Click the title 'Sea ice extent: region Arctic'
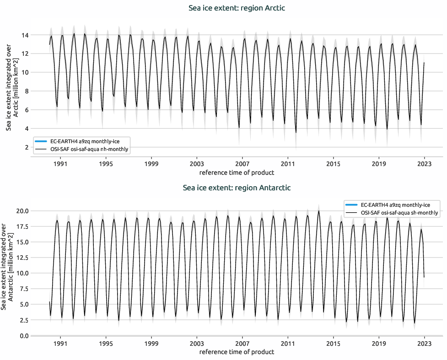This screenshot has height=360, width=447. pos(237,8)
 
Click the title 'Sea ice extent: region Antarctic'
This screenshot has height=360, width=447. pos(237,188)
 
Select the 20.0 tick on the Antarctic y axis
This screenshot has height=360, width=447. pos(23,211)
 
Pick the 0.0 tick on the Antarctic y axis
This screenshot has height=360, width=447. pos(24,336)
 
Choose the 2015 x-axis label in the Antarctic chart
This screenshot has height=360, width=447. pos(333,343)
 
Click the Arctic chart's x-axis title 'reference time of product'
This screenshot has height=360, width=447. pos(237,172)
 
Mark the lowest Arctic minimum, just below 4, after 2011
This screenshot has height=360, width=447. pos(296,133)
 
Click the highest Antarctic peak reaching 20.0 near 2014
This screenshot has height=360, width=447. pos(319,211)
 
